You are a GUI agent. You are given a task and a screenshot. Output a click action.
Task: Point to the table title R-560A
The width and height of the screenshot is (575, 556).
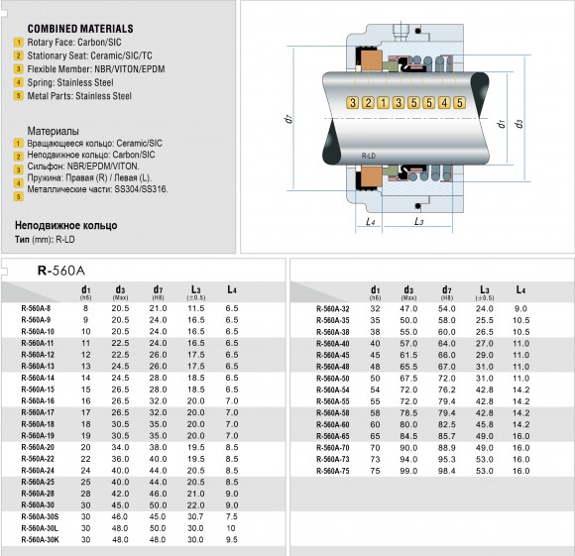62,269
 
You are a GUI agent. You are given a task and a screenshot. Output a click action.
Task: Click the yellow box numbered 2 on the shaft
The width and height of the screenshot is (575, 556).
368,103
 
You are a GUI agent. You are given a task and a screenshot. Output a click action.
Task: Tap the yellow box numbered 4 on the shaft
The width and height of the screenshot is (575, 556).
443,103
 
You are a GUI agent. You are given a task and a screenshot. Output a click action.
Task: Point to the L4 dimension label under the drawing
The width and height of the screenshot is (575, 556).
370,221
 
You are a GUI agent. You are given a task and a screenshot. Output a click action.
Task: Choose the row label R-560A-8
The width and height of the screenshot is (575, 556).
36,310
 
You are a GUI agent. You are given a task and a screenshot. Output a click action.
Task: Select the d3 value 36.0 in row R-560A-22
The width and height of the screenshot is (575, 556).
121,459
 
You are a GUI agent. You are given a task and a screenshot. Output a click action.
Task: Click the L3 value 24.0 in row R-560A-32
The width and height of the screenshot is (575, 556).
485,310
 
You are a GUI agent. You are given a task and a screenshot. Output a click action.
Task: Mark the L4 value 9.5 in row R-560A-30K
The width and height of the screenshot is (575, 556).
232,540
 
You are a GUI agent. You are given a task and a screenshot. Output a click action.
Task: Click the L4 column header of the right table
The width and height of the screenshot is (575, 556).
520,290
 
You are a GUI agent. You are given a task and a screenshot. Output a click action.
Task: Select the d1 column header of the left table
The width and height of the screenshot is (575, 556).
85,290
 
